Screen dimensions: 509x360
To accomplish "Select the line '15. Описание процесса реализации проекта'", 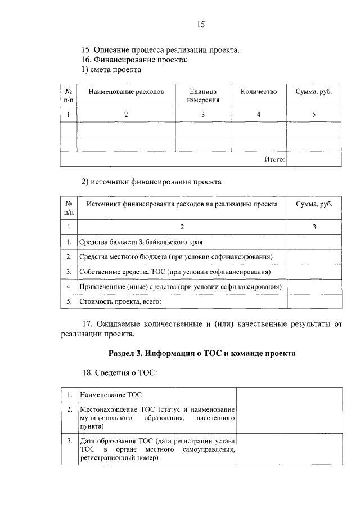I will pyautogui.click(x=161, y=49).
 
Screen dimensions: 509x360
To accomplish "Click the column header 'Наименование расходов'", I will pyautogui.click(x=126, y=92).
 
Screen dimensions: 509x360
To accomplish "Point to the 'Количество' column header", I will pyautogui.click(x=259, y=92).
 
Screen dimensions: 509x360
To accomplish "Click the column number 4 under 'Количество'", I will pyautogui.click(x=259, y=115).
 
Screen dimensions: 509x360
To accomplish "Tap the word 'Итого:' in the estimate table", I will pyautogui.click(x=274, y=160).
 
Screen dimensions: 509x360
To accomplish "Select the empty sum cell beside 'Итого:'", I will pyautogui.click(x=314, y=160).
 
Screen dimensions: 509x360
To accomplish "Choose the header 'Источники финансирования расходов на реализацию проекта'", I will pyautogui.click(x=182, y=205).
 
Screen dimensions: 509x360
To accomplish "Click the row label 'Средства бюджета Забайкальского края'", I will pyautogui.click(x=141, y=242).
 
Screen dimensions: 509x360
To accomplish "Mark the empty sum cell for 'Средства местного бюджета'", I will pyautogui.click(x=314, y=257).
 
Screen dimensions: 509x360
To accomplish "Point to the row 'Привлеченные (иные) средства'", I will pyautogui.click(x=181, y=287).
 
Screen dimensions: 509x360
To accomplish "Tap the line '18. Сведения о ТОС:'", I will pyautogui.click(x=120, y=372).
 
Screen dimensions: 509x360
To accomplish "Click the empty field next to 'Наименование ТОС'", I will pyautogui.click(x=289, y=394).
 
